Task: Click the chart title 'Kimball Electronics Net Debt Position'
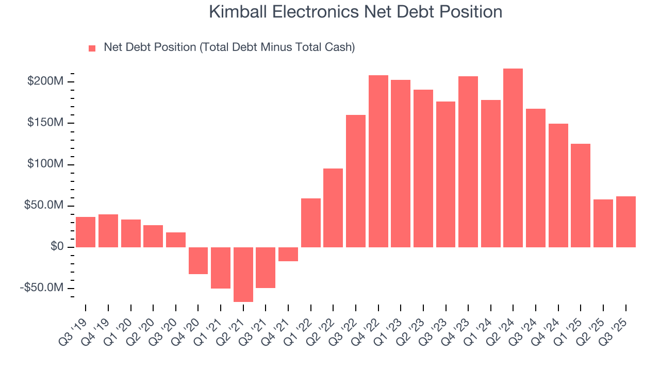click(355, 12)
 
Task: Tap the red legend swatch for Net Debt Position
click(92, 48)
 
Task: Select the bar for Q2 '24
click(513, 158)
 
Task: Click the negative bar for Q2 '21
click(243, 274)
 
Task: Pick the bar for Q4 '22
click(378, 161)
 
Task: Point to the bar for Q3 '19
click(86, 232)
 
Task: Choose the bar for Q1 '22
click(311, 223)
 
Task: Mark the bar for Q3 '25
click(625, 222)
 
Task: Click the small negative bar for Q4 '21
click(288, 254)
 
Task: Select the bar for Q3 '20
click(176, 240)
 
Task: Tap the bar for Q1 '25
click(581, 195)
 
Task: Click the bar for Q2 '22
click(333, 208)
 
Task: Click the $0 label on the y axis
click(57, 247)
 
